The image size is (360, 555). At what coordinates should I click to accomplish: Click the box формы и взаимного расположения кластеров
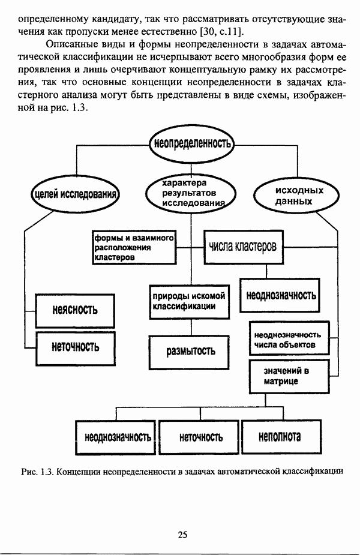(133, 247)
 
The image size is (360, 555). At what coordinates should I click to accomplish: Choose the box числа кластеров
(243, 247)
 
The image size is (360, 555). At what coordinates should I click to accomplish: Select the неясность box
(74, 310)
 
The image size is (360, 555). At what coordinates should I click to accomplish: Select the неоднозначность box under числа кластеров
(281, 295)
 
